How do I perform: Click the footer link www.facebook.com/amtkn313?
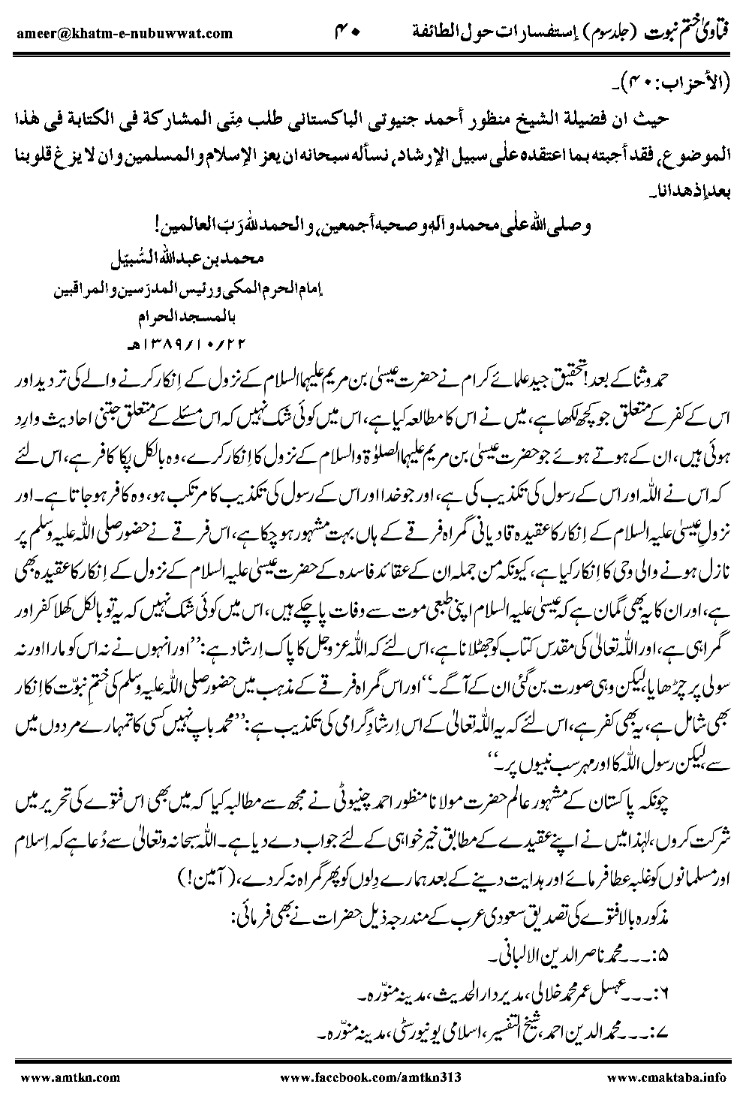(x=369, y=1077)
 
